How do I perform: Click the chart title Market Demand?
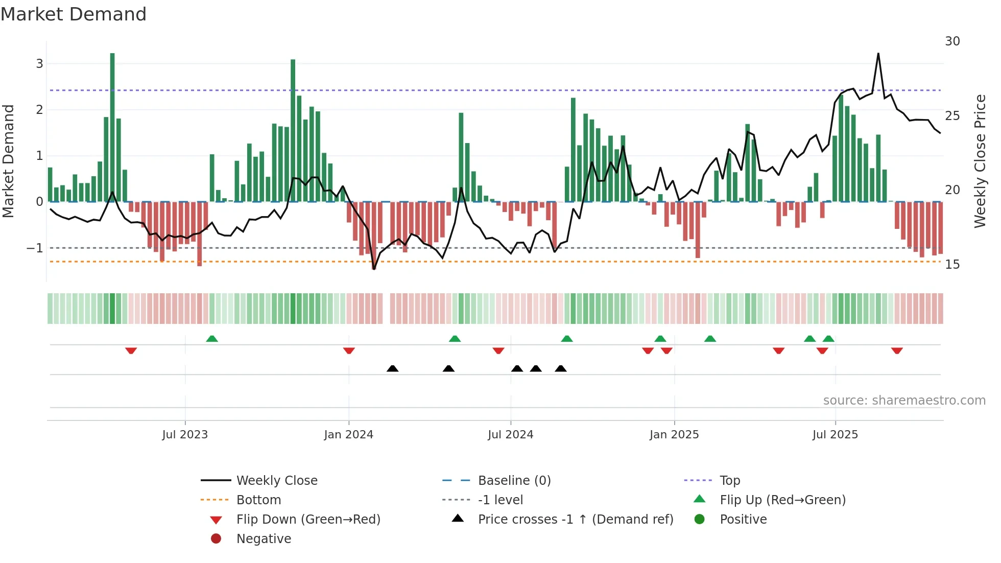pos(74,14)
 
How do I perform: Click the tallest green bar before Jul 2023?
pos(112,128)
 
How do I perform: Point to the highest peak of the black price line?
pos(878,54)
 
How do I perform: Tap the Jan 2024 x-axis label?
pos(349,435)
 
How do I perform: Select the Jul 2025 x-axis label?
pos(836,435)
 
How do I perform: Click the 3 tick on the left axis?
pos(39,64)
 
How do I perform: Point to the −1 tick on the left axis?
pos(35,248)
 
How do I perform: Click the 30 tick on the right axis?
pos(952,41)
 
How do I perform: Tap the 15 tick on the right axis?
pos(952,265)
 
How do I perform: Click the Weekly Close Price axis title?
pos(980,161)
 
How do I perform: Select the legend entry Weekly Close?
pos(277,481)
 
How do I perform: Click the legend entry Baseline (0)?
pos(514,481)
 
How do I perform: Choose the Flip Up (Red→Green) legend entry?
pos(782,500)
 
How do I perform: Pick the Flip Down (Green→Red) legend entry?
pos(308,520)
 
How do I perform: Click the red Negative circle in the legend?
pos(216,539)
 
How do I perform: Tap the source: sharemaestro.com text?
pos(904,401)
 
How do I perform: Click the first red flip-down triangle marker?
pos(131,350)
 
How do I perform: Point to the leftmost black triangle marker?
pos(392,368)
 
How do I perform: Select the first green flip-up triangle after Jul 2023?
pos(212,339)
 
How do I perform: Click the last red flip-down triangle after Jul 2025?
pos(897,350)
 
